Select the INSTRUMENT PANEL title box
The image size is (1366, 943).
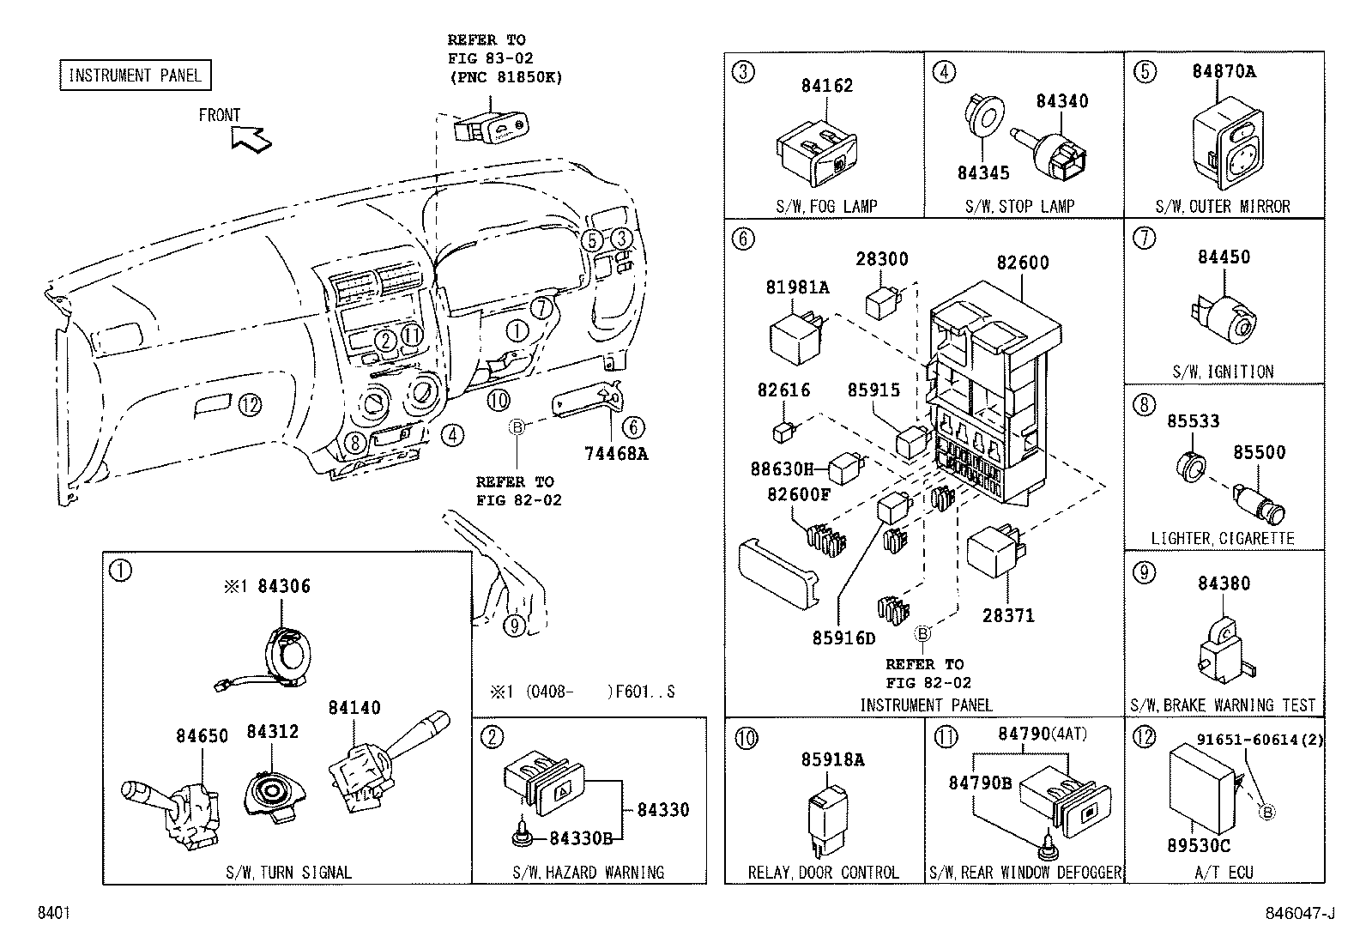pos(135,76)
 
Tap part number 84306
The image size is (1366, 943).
pos(283,586)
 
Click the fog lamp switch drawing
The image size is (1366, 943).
pos(817,159)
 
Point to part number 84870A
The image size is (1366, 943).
pos(1223,71)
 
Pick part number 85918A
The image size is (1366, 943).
pos(832,759)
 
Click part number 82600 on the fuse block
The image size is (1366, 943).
pos(1022,263)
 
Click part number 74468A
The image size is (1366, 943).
pos(615,454)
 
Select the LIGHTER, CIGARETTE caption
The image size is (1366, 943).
pos(1223,539)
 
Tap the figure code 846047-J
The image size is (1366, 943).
pos(1300,914)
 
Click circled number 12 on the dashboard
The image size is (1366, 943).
pos(249,404)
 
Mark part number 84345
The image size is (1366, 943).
pos(983,173)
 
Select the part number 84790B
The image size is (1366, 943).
pos(980,783)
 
